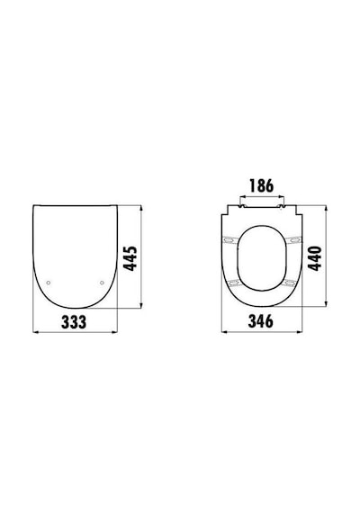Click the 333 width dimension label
[74, 322]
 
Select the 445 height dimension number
[131, 258]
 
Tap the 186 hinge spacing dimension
[262, 185]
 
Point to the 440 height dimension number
[316, 258]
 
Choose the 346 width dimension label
[260, 321]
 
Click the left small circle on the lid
[49, 283]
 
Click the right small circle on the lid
[102, 283]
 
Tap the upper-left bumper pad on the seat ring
[230, 240]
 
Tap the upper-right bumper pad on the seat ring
[293, 240]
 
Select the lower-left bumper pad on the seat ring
[234, 283]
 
